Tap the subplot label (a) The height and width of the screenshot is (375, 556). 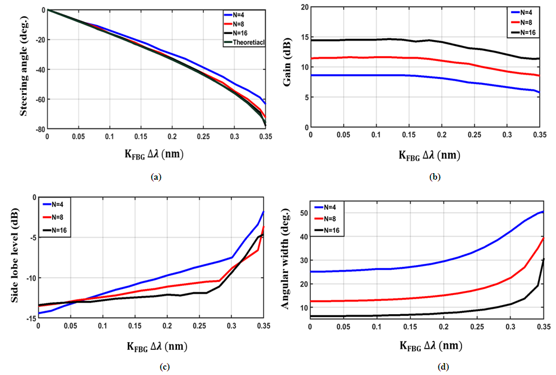pos(156,177)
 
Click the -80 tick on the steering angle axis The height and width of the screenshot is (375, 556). pos(39,128)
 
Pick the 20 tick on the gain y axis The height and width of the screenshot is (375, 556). pos(304,7)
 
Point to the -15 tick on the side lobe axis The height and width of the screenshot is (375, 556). pos(30,319)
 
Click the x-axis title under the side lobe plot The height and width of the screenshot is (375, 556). pos(152,346)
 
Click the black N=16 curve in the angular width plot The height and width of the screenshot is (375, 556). pos(418,314)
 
